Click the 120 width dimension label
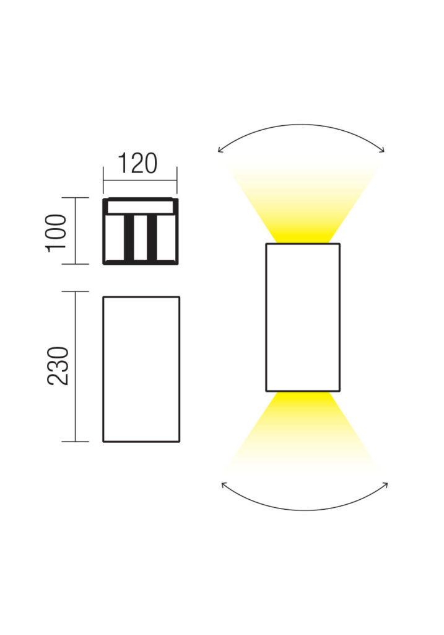click(137, 163)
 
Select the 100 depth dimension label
click(56, 233)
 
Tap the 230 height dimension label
click(58, 366)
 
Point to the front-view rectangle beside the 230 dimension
click(141, 369)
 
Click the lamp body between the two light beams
click(303, 317)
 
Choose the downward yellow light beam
click(303, 432)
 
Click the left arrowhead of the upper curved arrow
click(220, 150)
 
